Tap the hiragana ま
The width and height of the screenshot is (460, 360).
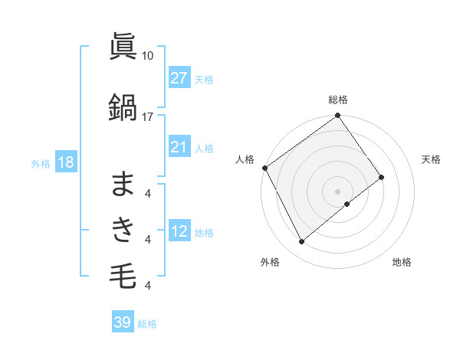pyautogui.click(x=123, y=184)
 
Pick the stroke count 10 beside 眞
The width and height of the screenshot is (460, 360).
pyautogui.click(x=148, y=56)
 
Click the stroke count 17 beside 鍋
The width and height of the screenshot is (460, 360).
pyautogui.click(x=148, y=116)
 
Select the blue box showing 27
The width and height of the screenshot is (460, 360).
pyautogui.click(x=179, y=78)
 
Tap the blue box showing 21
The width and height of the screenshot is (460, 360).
pyautogui.click(x=179, y=147)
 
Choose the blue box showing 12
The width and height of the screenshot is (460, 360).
pyautogui.click(x=179, y=231)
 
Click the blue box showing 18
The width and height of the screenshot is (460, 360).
pyautogui.click(x=65, y=162)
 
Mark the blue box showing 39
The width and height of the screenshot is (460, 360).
pyautogui.click(x=122, y=322)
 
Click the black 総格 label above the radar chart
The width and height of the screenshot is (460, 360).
pyautogui.click(x=338, y=100)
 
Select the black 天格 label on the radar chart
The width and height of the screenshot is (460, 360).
pyautogui.click(x=432, y=159)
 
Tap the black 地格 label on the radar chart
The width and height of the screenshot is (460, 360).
pyautogui.click(x=402, y=262)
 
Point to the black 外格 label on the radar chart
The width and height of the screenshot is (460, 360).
pyautogui.click(x=270, y=262)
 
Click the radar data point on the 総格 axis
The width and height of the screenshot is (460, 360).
pyautogui.click(x=338, y=116)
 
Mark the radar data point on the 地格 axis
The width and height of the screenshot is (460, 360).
pyautogui.click(x=347, y=204)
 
